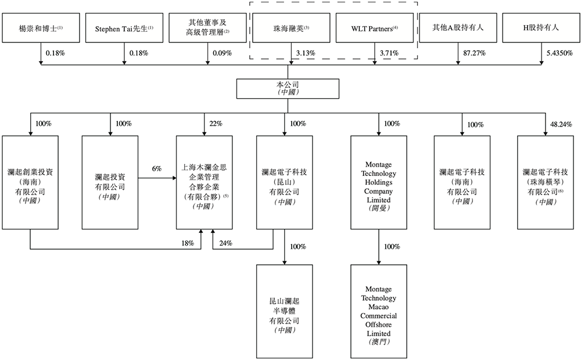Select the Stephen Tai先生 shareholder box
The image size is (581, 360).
coord(124,27)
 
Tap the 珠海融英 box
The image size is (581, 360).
coord(291,27)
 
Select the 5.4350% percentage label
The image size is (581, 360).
coord(558,53)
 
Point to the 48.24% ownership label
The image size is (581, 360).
coord(561,124)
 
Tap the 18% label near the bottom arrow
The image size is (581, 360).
coord(187,243)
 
